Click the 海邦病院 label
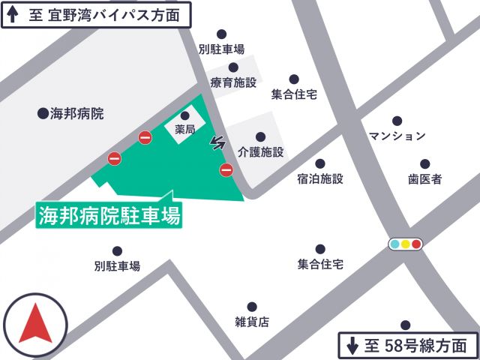76,114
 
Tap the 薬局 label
185,130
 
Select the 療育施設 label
233,82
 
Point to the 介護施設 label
260,151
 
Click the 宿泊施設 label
320,178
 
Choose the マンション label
397,136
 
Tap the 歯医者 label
424,178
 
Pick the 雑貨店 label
252,322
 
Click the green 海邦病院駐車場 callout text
109,216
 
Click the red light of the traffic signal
416,244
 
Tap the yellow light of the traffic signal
406,244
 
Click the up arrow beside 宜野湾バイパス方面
13,14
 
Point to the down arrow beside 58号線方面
352,346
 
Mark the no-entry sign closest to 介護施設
226,170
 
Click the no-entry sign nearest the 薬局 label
145,136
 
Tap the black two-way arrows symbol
218,142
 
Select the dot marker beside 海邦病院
43,114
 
